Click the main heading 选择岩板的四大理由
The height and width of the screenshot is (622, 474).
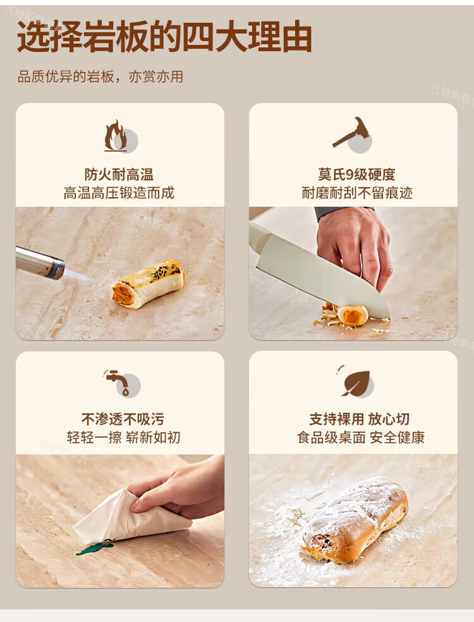[x=164, y=37]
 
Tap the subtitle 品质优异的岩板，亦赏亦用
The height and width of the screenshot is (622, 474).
[x=100, y=76]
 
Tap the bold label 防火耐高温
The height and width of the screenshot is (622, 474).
[x=119, y=174]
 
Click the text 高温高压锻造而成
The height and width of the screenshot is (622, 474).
[x=119, y=193]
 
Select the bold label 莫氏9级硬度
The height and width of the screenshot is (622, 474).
[x=356, y=174]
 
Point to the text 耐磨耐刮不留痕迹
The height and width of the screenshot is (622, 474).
[x=357, y=193]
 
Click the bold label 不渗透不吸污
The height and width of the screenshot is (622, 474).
[x=123, y=419]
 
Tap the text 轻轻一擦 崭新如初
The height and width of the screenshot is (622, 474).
[x=123, y=437]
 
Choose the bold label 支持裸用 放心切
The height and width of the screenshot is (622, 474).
[x=360, y=419]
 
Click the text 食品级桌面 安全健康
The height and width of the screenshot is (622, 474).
[x=361, y=437]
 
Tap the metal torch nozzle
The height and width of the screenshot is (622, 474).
[x=40, y=262]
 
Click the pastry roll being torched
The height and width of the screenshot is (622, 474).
[x=149, y=283]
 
